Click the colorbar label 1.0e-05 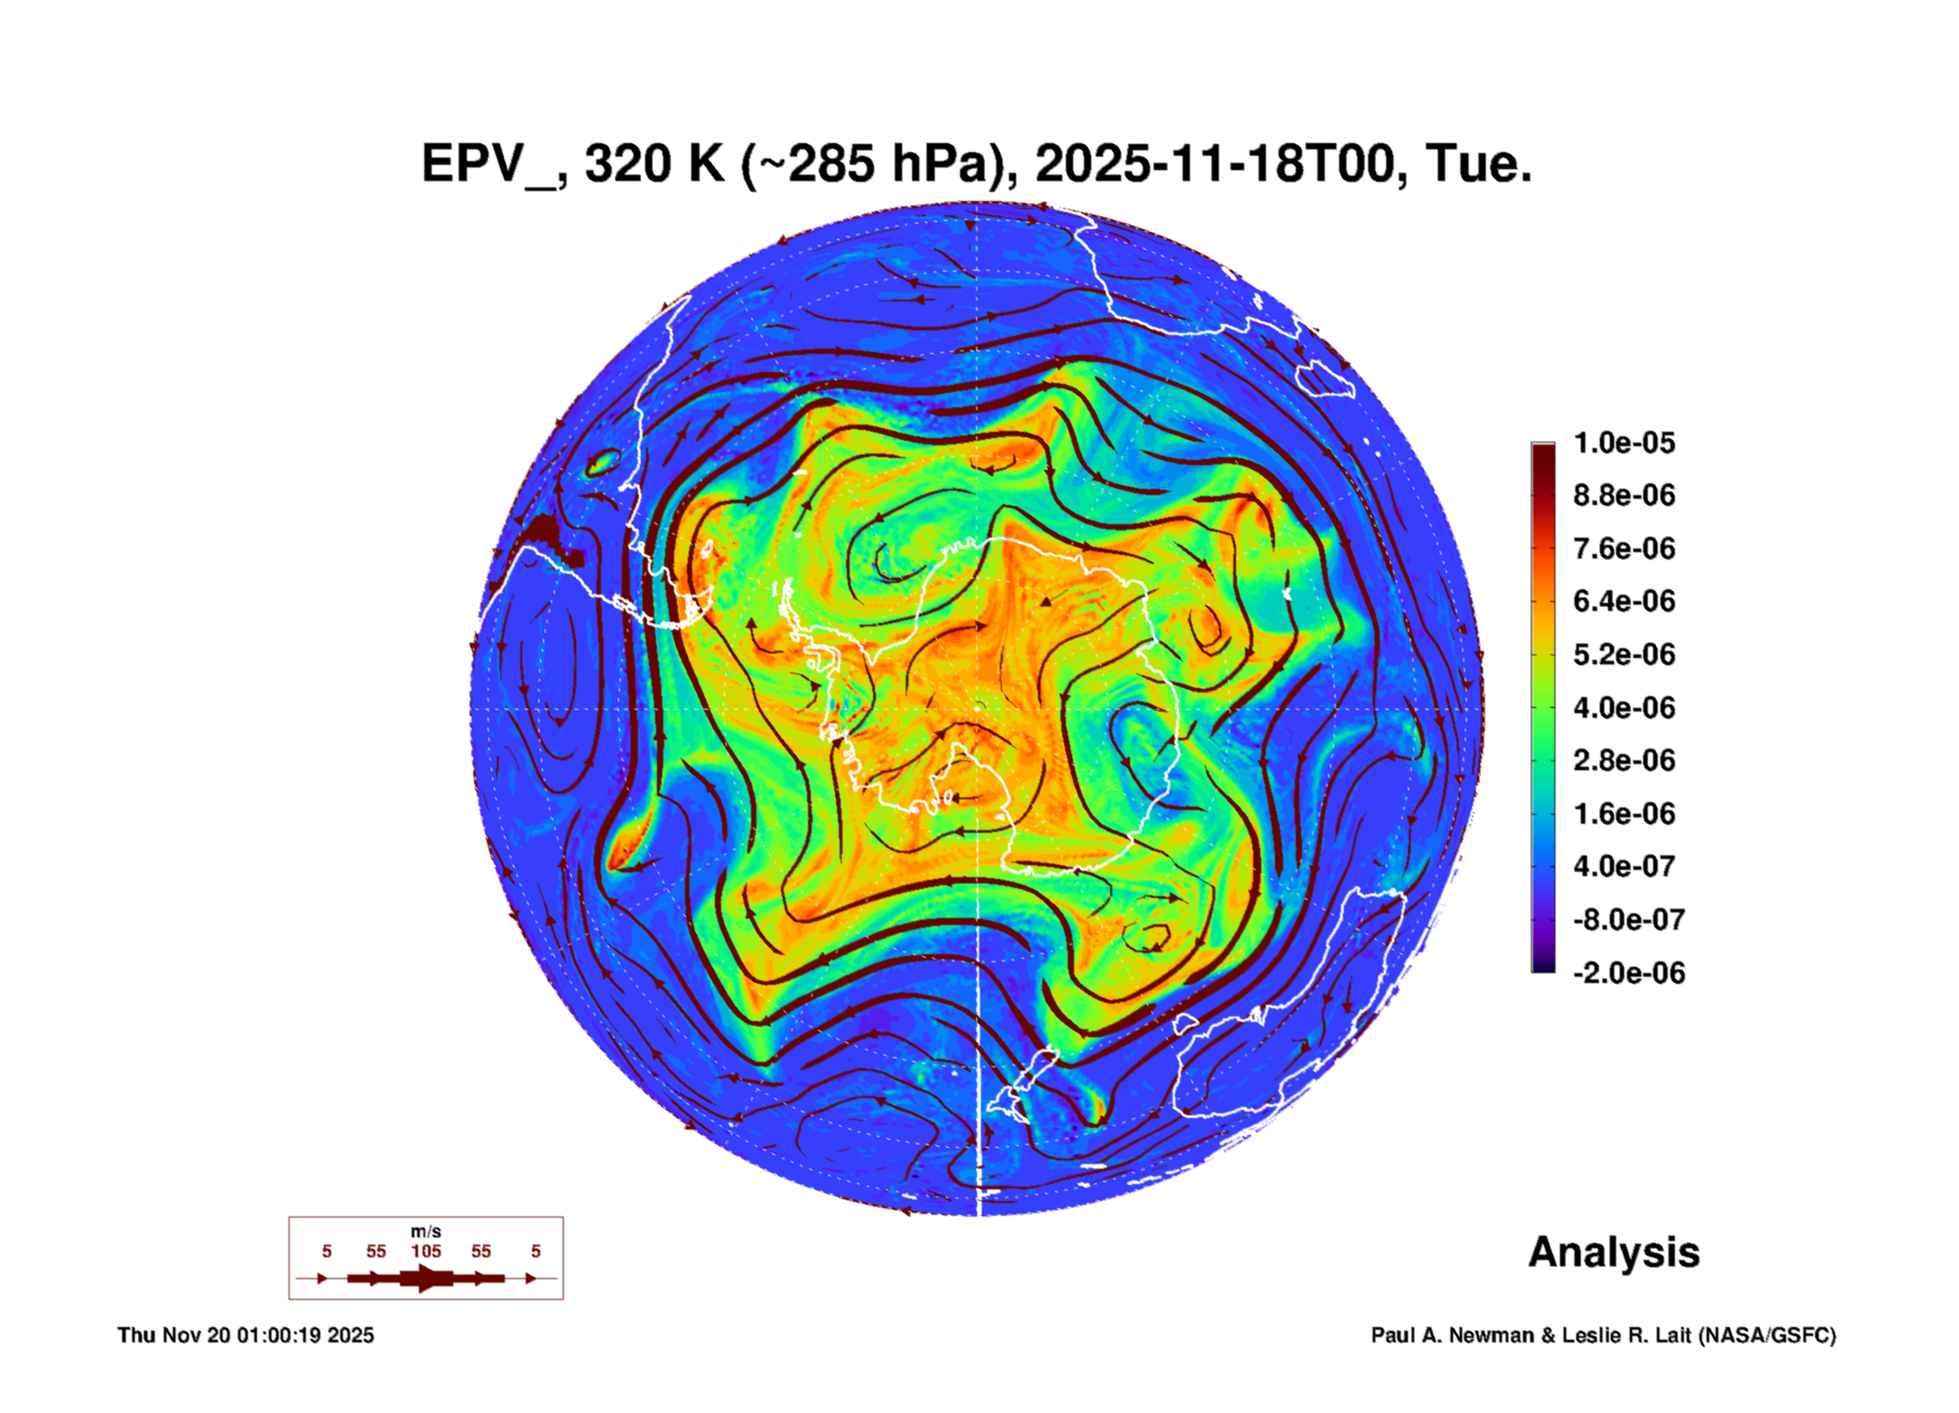click(1623, 444)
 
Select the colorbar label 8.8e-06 click(1623, 496)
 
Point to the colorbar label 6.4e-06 click(1623, 602)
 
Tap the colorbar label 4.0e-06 click(1623, 708)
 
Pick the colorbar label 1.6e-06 click(1623, 814)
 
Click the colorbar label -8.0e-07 click(1628, 920)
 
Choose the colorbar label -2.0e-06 click(1628, 973)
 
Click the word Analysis click(1613, 1252)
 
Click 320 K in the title click(654, 165)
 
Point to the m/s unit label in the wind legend click(425, 1231)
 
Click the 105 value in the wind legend click(425, 1251)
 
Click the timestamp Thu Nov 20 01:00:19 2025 click(245, 1335)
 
